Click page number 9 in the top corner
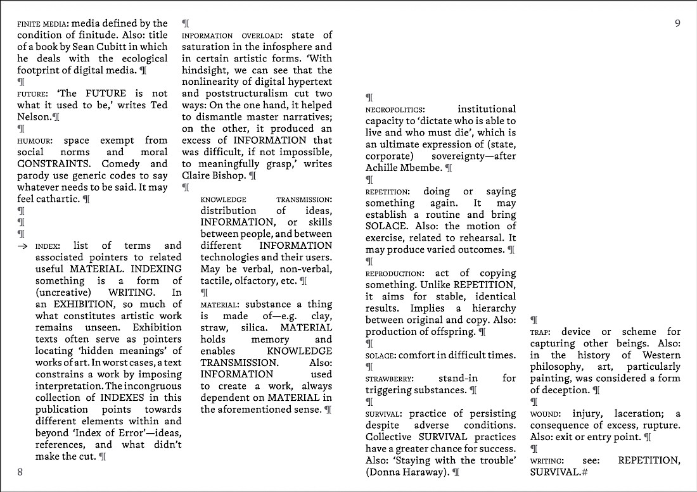[677, 23]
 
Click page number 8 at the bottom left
[20, 472]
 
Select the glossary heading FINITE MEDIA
[43, 24]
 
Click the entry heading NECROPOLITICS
[395, 110]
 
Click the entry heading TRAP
[540, 332]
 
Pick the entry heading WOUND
[545, 414]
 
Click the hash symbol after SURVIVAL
[584, 472]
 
